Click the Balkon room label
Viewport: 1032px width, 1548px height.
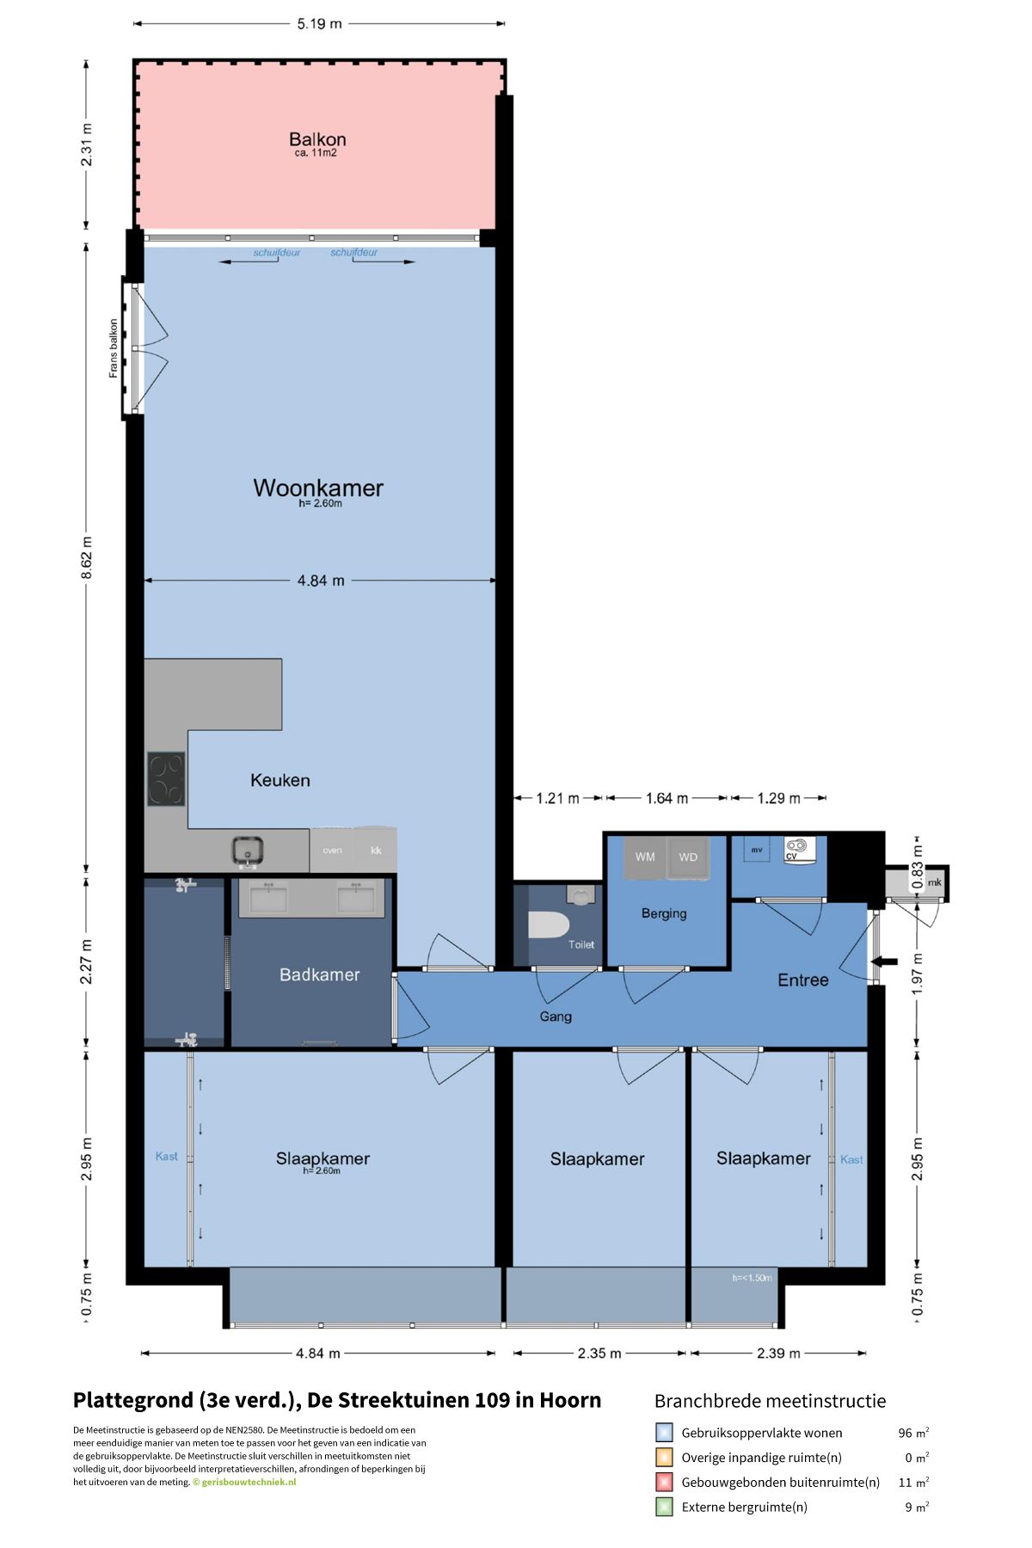pyautogui.click(x=317, y=139)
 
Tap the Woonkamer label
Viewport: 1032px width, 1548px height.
pyautogui.click(x=318, y=488)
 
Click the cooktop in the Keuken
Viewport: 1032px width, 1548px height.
pyautogui.click(x=166, y=778)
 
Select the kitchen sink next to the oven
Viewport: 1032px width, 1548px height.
pyautogui.click(x=248, y=851)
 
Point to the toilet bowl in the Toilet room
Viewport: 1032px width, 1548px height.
pyautogui.click(x=549, y=926)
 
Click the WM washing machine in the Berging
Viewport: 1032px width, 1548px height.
pyautogui.click(x=645, y=857)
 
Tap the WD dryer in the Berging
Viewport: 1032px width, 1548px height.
pyautogui.click(x=688, y=857)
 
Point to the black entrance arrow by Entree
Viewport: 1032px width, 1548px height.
pyautogui.click(x=885, y=961)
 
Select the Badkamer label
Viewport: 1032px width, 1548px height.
pyautogui.click(x=319, y=974)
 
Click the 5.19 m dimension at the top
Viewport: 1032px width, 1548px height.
pyautogui.click(x=319, y=24)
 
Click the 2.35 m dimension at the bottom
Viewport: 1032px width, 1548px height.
pyautogui.click(x=599, y=1353)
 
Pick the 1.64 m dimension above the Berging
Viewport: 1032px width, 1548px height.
pyautogui.click(x=666, y=798)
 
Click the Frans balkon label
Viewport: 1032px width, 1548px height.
pyautogui.click(x=114, y=348)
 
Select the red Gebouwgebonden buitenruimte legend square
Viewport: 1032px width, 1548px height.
pyautogui.click(x=664, y=1482)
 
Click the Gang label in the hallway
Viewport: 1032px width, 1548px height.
pyautogui.click(x=556, y=1017)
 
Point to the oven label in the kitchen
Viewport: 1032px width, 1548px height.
pyautogui.click(x=332, y=851)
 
